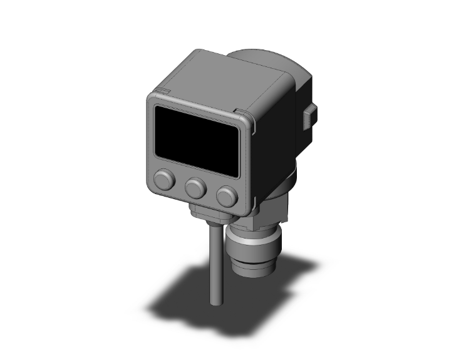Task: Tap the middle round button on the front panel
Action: [x=196, y=186]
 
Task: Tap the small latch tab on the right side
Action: [x=309, y=117]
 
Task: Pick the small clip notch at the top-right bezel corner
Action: [x=241, y=113]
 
